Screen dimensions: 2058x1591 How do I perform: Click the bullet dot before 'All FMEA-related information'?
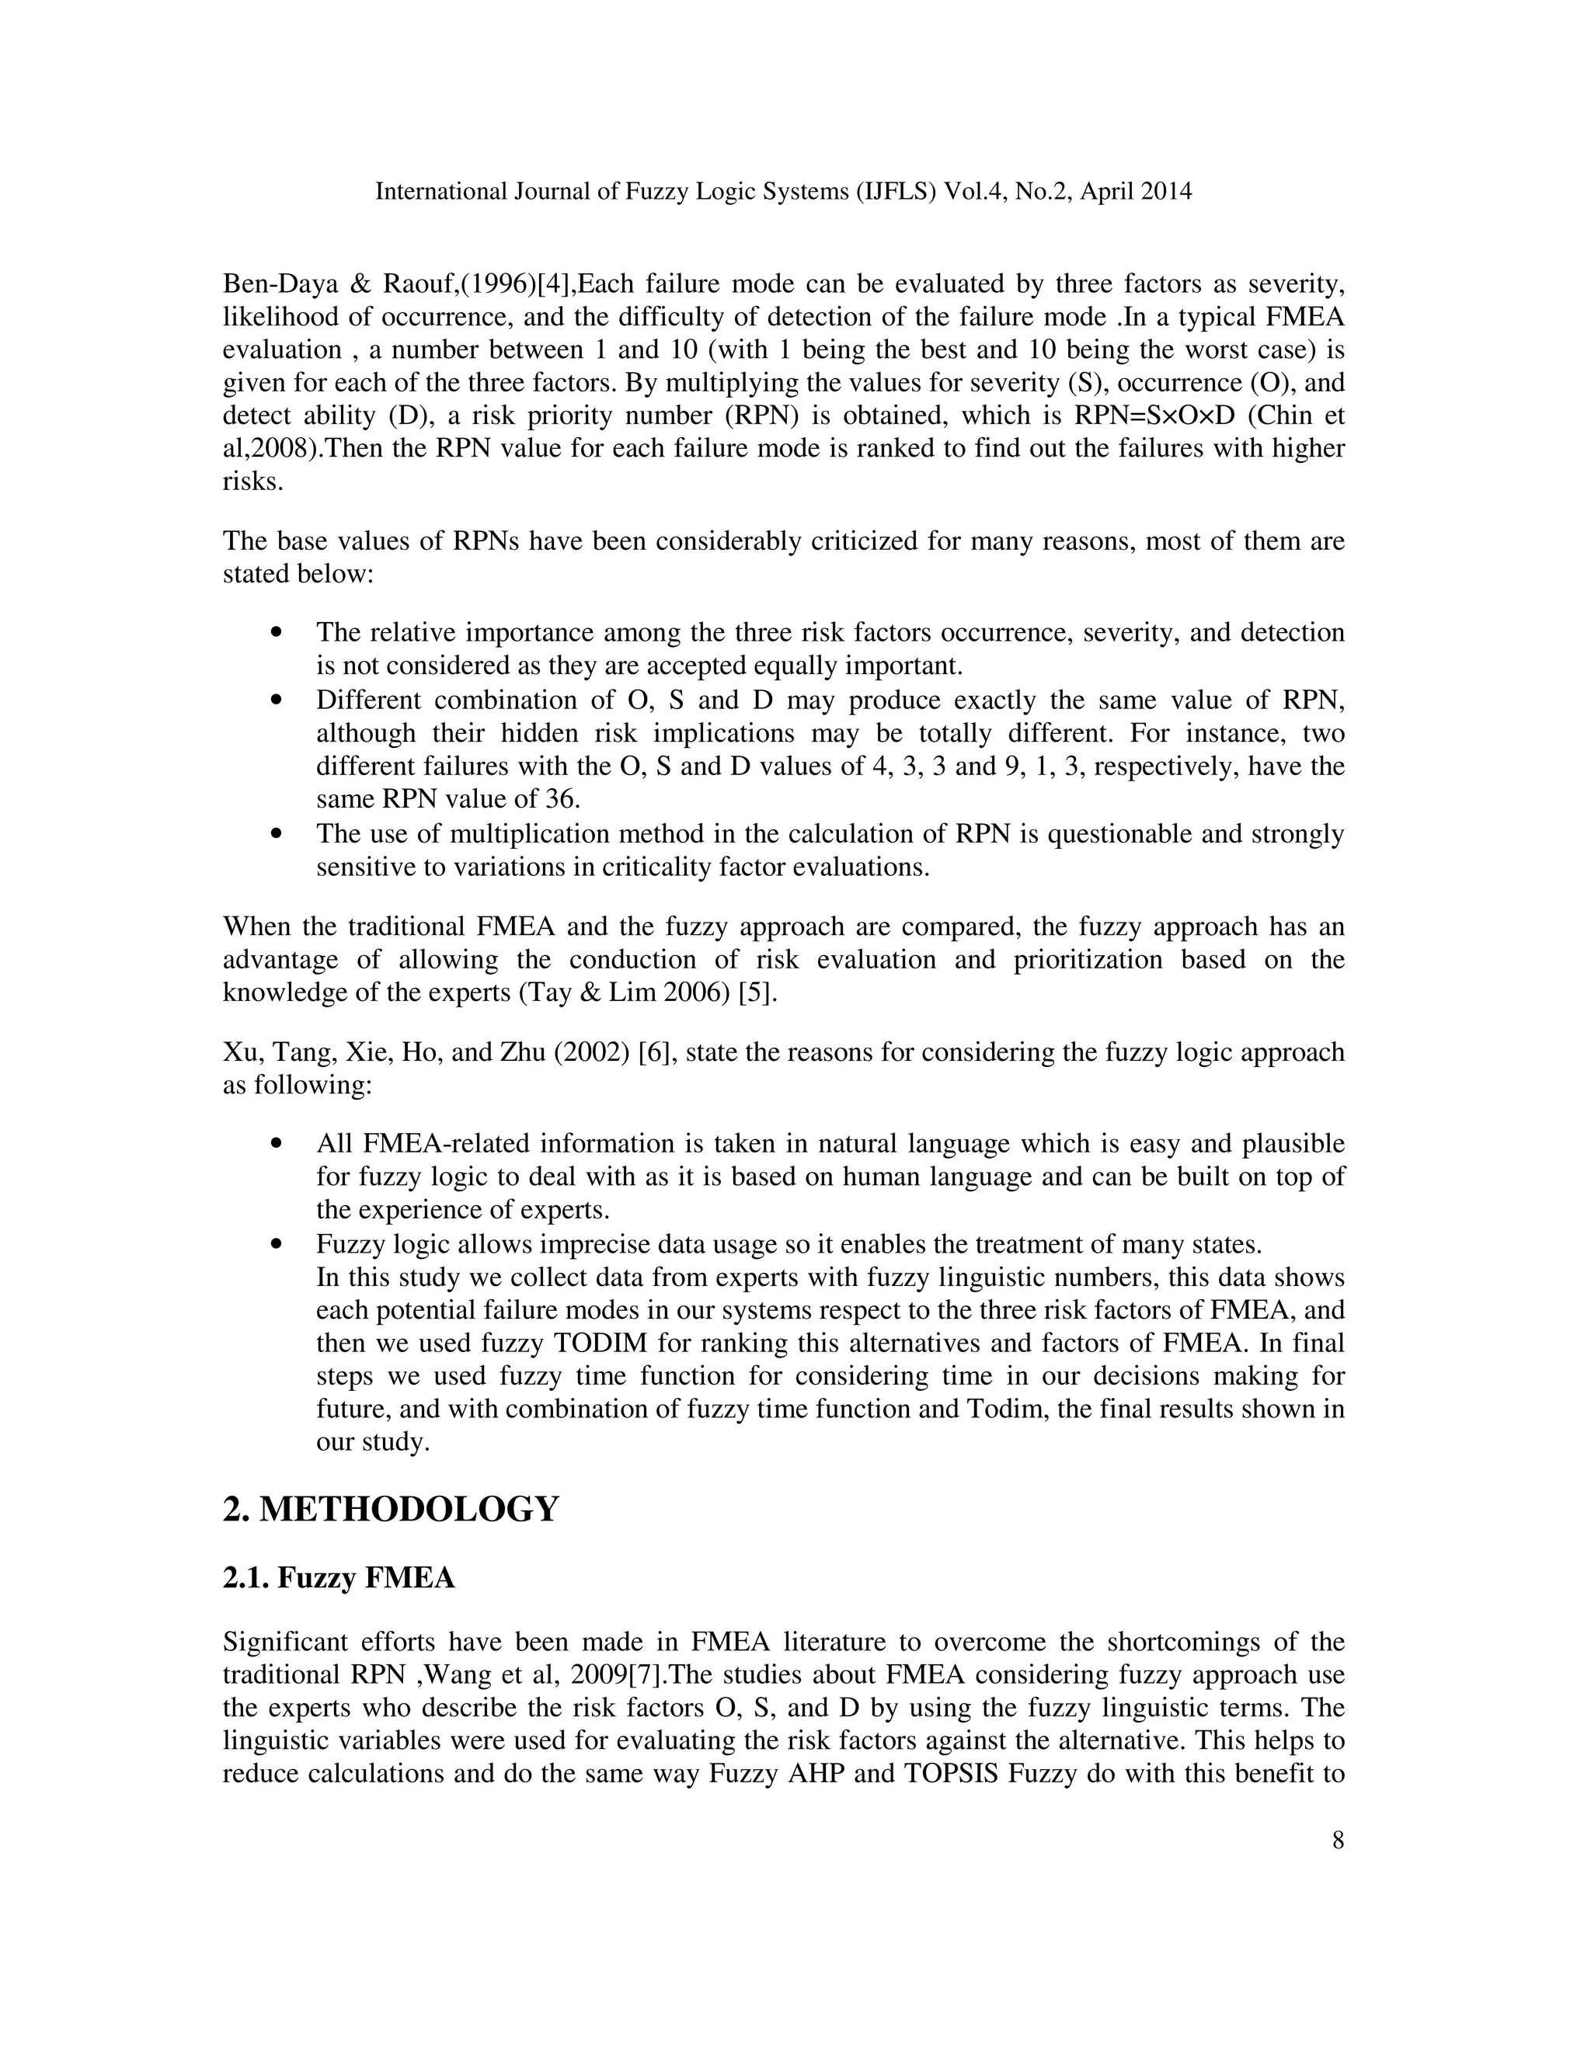coord(276,1144)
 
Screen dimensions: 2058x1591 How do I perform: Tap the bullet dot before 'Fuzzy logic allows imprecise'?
coord(276,1245)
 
